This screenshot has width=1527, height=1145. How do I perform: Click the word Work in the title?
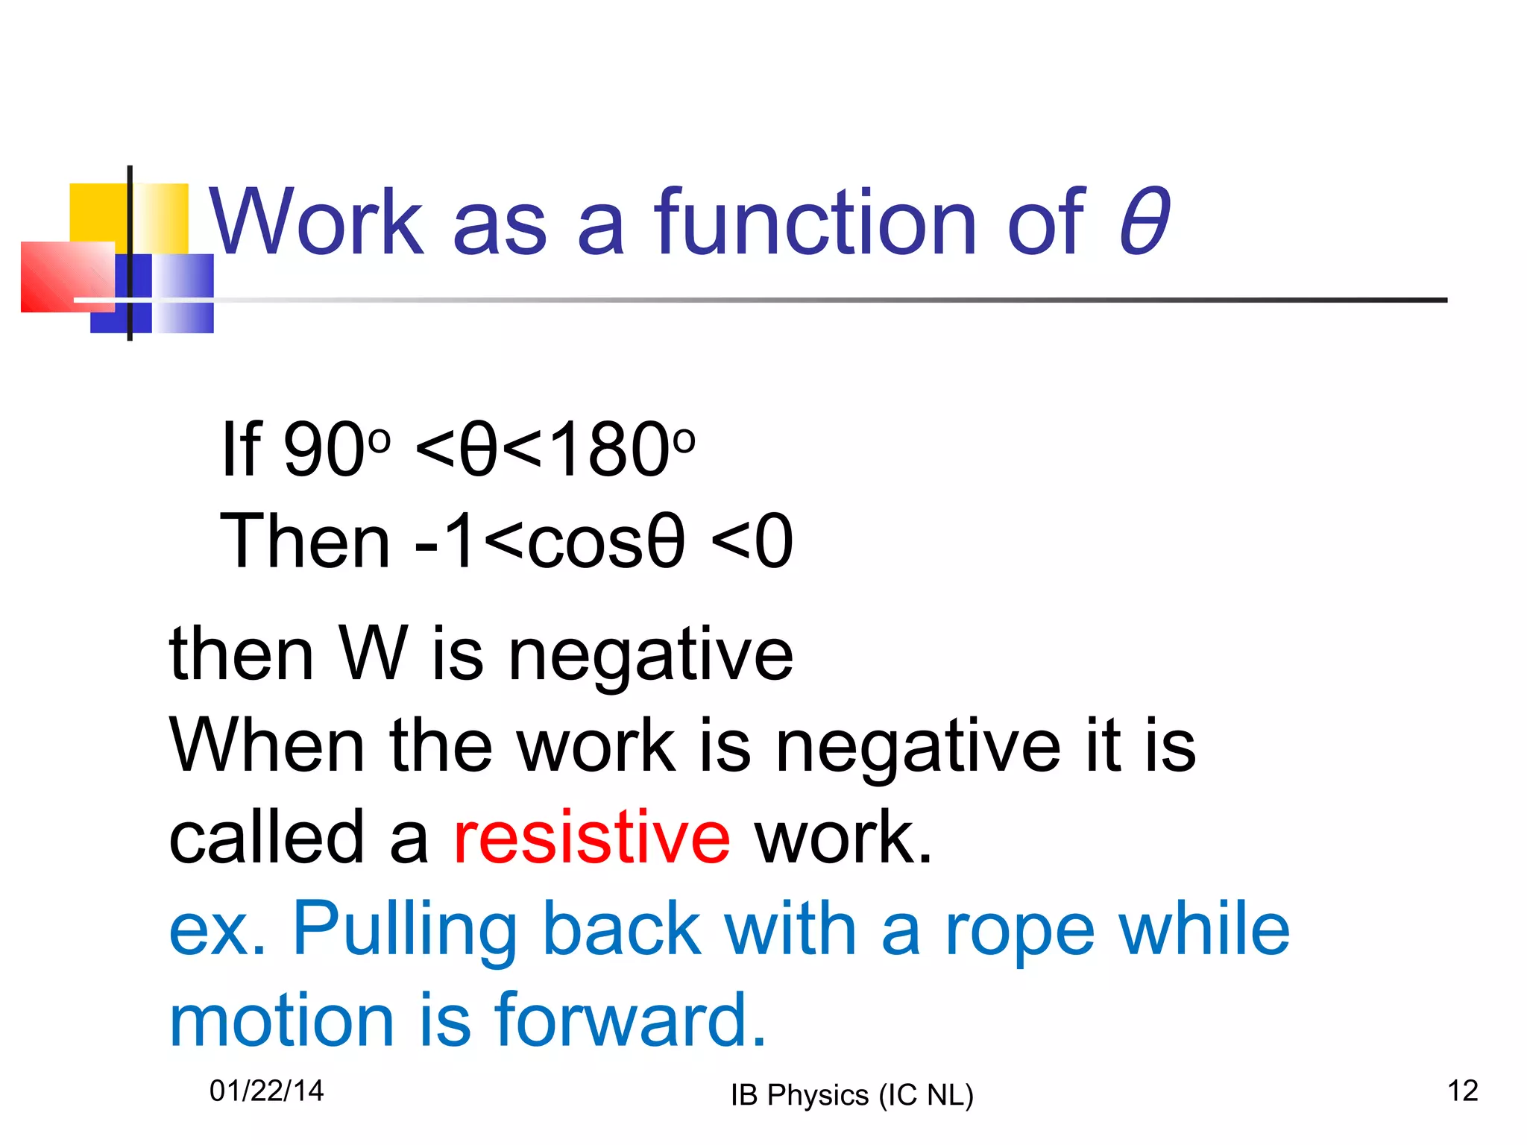coord(316,221)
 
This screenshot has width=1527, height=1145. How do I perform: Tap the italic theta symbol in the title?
coord(1144,221)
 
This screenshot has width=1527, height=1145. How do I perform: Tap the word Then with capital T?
coord(305,541)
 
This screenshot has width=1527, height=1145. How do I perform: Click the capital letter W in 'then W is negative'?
coord(374,654)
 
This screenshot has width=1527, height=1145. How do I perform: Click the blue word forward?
coord(631,1020)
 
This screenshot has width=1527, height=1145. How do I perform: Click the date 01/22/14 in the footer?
coord(266,1091)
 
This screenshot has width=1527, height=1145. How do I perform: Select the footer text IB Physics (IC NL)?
coord(852,1095)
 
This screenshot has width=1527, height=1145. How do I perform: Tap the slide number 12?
coord(1462,1091)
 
